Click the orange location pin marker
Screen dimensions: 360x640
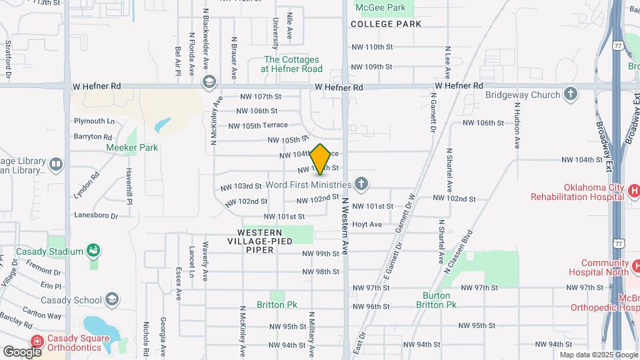[320, 159]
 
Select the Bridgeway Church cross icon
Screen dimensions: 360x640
[570, 95]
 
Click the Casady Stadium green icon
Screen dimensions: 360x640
[94, 251]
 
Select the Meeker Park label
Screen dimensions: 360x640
[132, 147]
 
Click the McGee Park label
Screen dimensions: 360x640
[381, 7]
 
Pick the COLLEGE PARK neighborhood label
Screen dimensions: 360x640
[386, 24]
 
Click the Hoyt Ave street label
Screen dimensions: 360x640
[367, 225]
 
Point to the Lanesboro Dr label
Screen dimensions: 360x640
[95, 216]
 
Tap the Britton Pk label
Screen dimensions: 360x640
[277, 305]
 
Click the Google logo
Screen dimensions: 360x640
[22, 351]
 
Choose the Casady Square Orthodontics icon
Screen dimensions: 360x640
[38, 341]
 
